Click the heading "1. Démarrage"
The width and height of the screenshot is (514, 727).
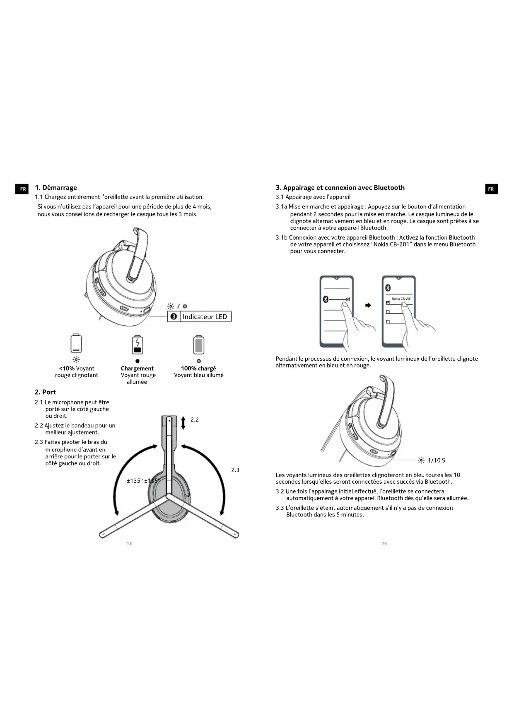(x=56, y=188)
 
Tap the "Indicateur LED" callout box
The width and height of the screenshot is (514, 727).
(x=200, y=317)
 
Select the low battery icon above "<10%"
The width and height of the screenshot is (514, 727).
(x=76, y=343)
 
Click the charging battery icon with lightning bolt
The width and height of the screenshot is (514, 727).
(x=138, y=344)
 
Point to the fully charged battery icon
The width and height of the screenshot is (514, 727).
(x=199, y=344)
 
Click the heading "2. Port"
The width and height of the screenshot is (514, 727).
(x=45, y=392)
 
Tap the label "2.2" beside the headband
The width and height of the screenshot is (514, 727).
(x=195, y=420)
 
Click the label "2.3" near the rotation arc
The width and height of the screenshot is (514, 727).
(x=235, y=470)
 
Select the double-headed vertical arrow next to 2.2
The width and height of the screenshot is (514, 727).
(x=183, y=422)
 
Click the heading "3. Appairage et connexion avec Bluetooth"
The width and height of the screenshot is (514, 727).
(x=340, y=188)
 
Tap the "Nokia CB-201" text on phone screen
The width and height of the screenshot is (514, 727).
(x=401, y=298)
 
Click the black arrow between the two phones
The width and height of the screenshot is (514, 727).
(x=368, y=305)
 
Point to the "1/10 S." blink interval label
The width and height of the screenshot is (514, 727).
(x=437, y=460)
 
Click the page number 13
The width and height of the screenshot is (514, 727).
(x=129, y=543)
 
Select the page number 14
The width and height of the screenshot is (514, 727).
(x=384, y=543)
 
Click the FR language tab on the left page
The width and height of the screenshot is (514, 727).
(x=22, y=189)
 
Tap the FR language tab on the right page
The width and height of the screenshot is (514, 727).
(x=491, y=189)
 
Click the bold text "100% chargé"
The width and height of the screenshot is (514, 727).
(x=198, y=368)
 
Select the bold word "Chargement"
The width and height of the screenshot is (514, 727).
(x=137, y=368)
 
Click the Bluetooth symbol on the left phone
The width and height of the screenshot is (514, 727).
(x=326, y=299)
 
